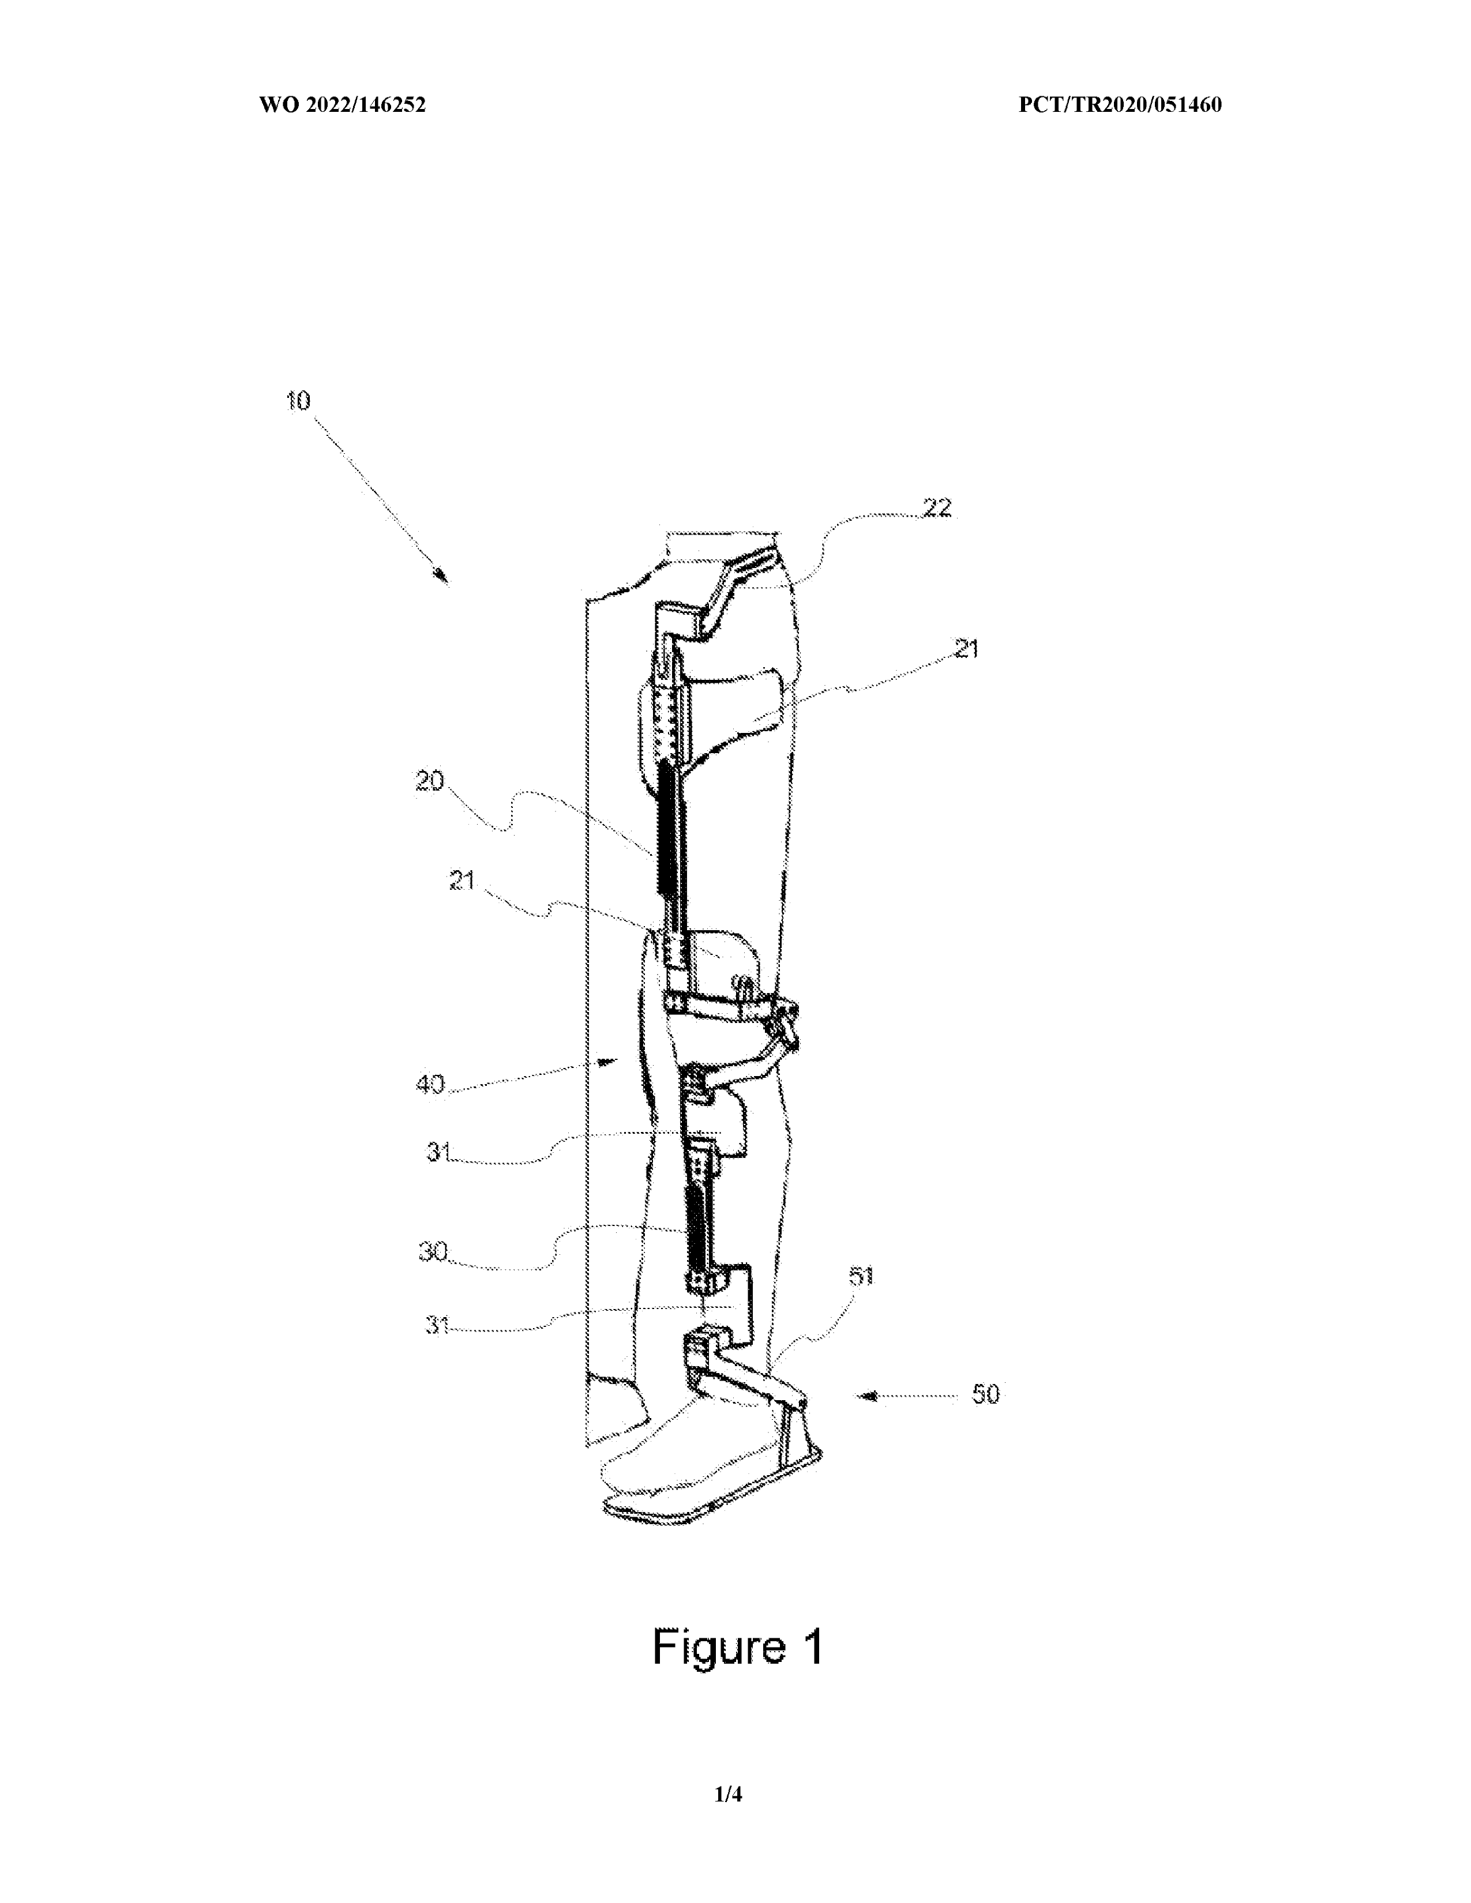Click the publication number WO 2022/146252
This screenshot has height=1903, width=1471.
tap(343, 106)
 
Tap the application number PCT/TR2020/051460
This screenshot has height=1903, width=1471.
tap(1120, 106)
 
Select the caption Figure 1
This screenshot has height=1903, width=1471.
tap(737, 1647)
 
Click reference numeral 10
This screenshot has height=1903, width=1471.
tap(298, 401)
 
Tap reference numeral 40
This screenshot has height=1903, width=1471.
tap(430, 1084)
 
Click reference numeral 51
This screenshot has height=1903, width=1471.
tap(861, 1277)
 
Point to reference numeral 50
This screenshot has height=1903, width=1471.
tap(986, 1394)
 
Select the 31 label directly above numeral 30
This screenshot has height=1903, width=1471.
tap(438, 1152)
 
